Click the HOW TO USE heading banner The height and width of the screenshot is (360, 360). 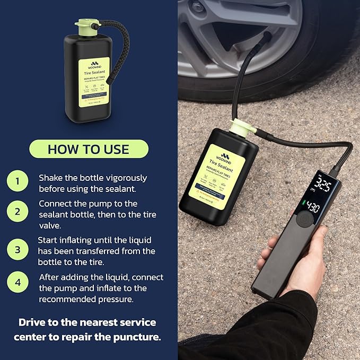click(x=89, y=149)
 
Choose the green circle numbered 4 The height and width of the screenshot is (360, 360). click(x=17, y=283)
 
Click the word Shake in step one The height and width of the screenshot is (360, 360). click(x=50, y=178)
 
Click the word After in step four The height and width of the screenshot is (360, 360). click(x=50, y=277)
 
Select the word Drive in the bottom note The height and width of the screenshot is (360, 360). click(x=33, y=322)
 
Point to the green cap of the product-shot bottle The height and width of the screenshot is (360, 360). click(x=85, y=25)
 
